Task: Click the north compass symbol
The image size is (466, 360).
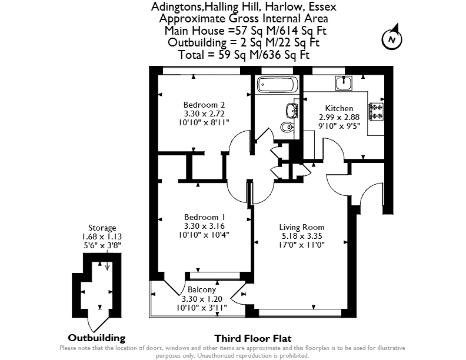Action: [392, 39]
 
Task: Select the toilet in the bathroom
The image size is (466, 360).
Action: [287, 127]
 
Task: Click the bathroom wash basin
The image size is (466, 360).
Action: [292, 110]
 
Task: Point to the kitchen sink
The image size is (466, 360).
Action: [344, 83]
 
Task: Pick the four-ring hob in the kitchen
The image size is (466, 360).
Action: [376, 111]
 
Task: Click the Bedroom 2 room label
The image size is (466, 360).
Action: [204, 105]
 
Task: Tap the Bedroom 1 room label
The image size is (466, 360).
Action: [204, 217]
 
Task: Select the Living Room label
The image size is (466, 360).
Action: [302, 228]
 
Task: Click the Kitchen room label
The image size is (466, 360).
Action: [339, 108]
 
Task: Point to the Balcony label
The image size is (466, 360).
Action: [202, 290]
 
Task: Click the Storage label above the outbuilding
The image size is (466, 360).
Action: [102, 228]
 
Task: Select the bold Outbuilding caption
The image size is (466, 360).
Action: [96, 338]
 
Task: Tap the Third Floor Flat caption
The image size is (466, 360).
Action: [253, 339]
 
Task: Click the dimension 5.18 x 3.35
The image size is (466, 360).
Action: [302, 236]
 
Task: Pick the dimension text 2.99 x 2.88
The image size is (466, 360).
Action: [339, 117]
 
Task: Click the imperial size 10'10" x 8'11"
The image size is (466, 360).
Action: [204, 122]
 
